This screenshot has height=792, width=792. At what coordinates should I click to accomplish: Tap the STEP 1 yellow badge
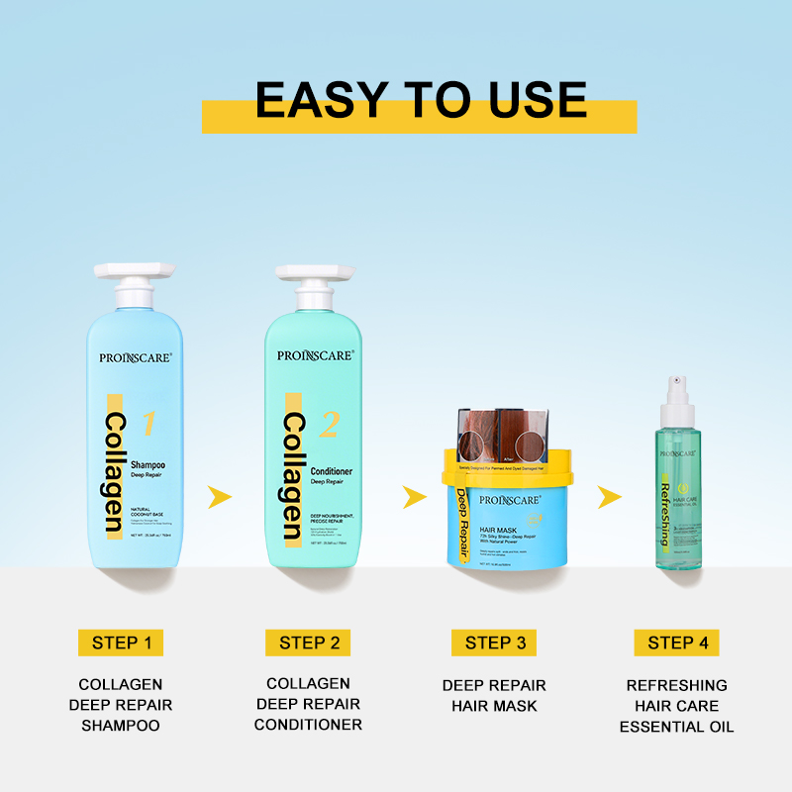[121, 643]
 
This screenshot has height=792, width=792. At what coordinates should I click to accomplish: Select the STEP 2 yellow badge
[308, 643]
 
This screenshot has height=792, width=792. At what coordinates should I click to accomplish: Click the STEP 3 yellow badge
[494, 643]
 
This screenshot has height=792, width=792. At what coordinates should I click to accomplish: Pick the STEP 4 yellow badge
[677, 643]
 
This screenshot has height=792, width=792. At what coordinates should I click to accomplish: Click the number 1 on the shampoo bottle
[148, 424]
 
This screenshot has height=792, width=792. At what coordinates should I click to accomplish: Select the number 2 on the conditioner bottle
[329, 425]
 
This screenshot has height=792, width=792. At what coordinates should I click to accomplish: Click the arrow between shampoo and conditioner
[221, 496]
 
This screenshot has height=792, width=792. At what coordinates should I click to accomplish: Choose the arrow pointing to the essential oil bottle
[610, 496]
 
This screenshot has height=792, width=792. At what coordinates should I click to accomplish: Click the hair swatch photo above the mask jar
[506, 436]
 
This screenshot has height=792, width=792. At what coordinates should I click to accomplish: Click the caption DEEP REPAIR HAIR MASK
[494, 695]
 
